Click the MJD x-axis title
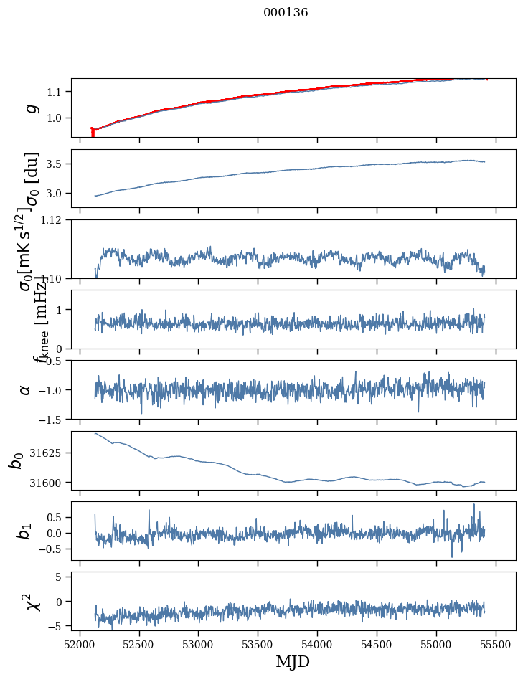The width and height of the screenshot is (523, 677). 293,661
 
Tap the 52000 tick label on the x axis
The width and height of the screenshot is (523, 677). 80,643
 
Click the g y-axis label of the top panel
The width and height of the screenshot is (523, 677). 31,108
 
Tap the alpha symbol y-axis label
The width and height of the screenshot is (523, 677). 25,389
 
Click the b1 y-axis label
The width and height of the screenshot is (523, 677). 25,531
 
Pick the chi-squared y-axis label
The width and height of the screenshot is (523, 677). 32,601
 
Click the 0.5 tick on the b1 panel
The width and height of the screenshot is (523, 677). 59,517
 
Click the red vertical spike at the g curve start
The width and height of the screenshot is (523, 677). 93,133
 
